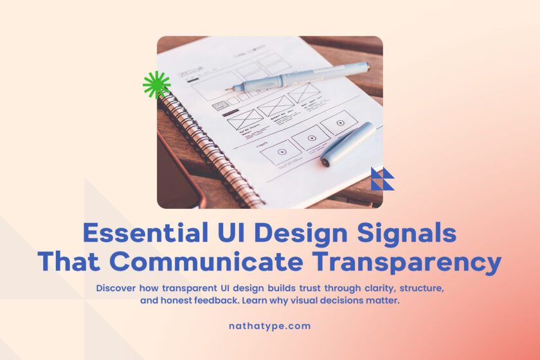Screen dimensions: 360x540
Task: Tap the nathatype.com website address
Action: [269, 326]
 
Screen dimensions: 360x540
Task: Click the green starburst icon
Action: [156, 85]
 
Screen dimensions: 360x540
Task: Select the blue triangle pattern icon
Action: [382, 179]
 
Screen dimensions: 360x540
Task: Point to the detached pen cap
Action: [347, 145]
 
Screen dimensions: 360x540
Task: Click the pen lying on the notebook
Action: [302, 77]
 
